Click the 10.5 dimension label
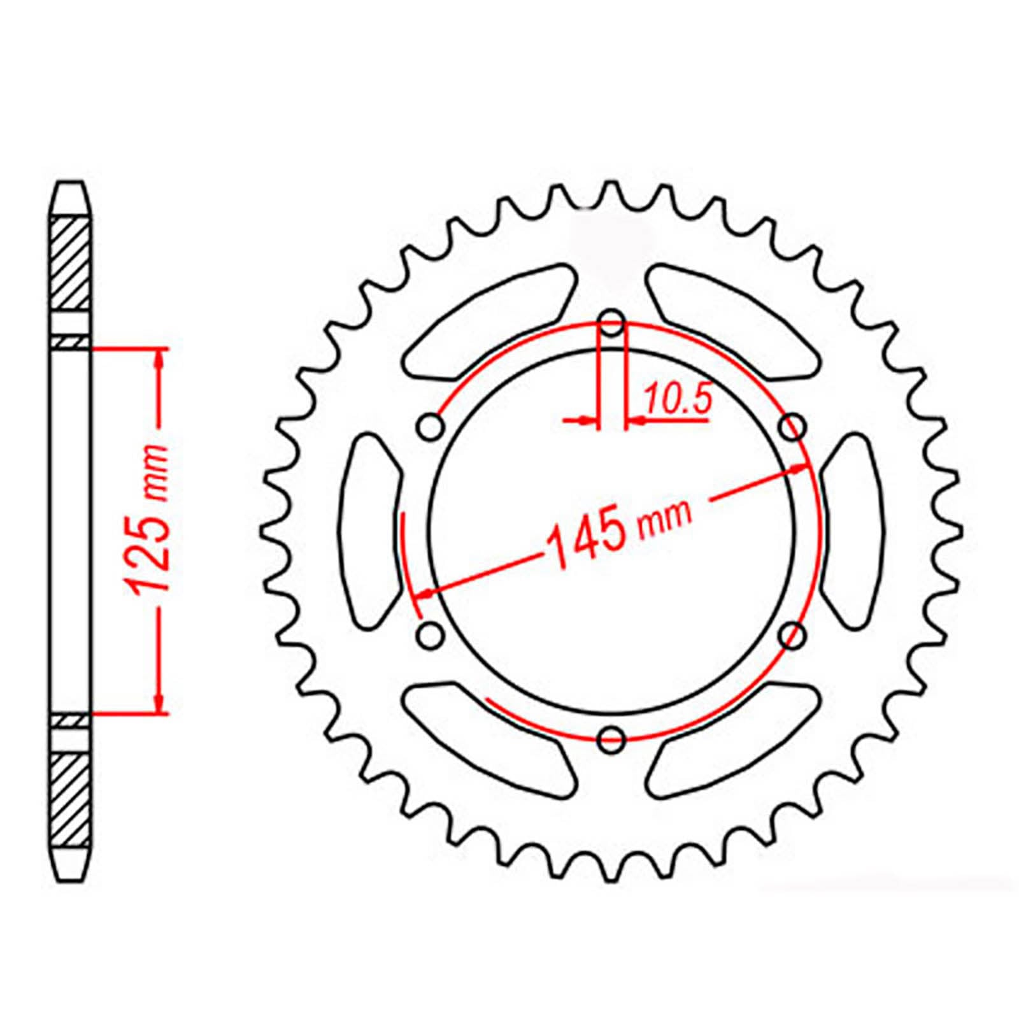[677, 400]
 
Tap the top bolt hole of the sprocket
[613, 322]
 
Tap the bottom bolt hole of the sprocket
[613, 738]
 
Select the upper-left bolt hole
[431, 427]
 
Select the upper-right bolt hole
[794, 427]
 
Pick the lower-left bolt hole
[431, 634]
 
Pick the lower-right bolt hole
[794, 634]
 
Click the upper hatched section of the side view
[69, 262]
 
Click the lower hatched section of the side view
[69, 799]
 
